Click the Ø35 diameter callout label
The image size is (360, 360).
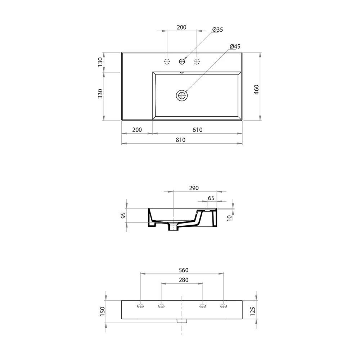tap(217, 30)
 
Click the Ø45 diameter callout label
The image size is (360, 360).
tap(235, 46)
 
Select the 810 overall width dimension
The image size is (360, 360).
tap(180, 140)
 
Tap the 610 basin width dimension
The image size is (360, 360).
tap(197, 130)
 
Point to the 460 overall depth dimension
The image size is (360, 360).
tap(256, 90)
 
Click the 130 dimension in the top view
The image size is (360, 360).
tap(100, 62)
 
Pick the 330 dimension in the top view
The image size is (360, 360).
tap(100, 94)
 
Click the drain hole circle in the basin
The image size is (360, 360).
tap(182, 95)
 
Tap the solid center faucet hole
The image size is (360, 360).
tap(182, 62)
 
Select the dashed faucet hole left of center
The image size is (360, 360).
tap(167, 62)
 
